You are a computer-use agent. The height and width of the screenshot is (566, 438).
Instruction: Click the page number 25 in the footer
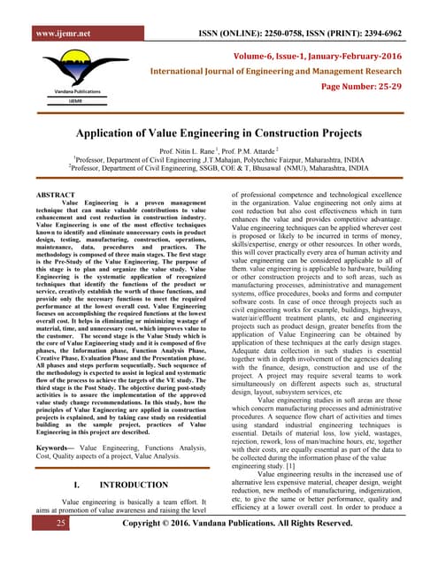click(36, 548)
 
